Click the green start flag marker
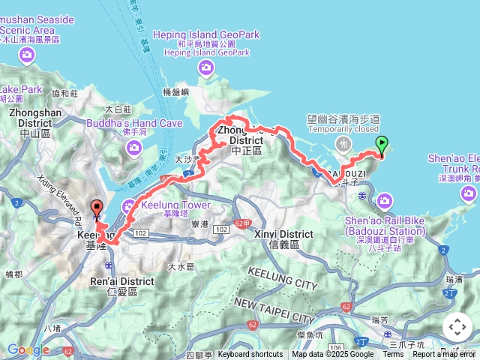pos(382,145)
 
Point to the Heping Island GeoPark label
pos(206,34)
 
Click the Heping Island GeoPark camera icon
pos(206,69)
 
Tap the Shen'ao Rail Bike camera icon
pos(385,200)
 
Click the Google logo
pos(28,349)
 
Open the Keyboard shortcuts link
pos(250,355)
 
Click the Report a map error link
pos(445,355)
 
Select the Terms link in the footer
pos(393,355)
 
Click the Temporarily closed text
pos(346,129)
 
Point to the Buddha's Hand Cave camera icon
pos(135,148)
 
